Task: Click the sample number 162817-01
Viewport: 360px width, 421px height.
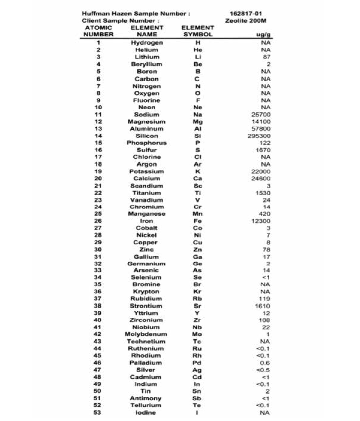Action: [246, 14]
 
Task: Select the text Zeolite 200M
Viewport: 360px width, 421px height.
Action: [246, 21]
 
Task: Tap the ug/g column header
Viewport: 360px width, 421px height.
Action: [263, 34]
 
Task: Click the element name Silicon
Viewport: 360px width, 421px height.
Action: [147, 136]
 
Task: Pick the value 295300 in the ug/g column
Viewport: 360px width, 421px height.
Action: [259, 136]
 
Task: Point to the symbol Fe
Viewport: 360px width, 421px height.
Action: [197, 221]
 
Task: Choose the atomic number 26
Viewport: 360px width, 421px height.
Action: [98, 221]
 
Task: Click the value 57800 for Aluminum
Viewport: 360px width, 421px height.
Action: [261, 129]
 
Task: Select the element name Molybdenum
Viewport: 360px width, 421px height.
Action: [146, 334]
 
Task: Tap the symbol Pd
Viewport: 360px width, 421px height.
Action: [197, 363]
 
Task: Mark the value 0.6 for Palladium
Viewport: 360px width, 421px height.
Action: [265, 363]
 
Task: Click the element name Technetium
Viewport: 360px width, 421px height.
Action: [146, 341]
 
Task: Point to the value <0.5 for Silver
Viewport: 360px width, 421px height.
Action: [263, 370]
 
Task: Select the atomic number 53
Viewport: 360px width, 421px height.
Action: [97, 413]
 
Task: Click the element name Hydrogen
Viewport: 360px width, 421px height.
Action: [147, 43]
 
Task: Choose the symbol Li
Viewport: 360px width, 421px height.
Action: [198, 57]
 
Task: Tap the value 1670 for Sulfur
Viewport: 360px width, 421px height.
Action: [263, 150]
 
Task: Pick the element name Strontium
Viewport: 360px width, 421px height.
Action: [146, 306]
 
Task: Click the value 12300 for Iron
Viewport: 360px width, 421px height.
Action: [261, 221]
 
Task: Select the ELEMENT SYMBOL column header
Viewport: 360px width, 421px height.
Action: [198, 31]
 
